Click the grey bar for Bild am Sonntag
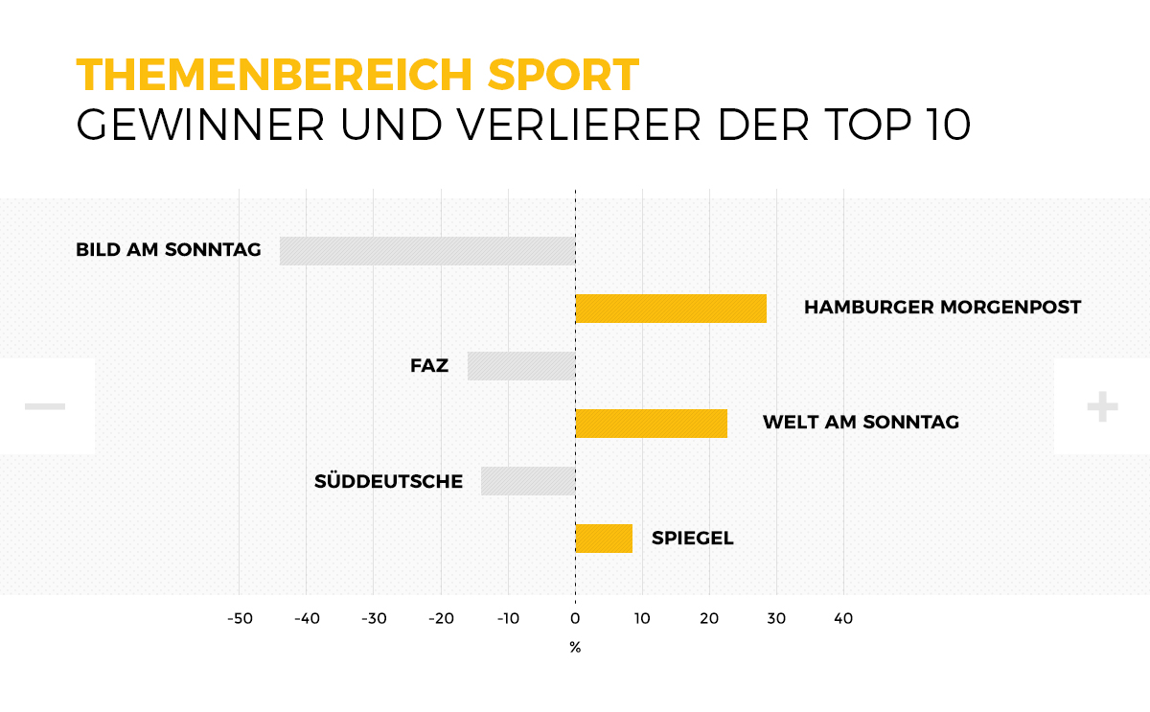pyautogui.click(x=427, y=251)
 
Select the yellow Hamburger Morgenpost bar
pyautogui.click(x=671, y=309)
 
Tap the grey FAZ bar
pyautogui.click(x=521, y=366)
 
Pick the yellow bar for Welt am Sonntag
pyautogui.click(x=651, y=424)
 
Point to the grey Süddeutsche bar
pyautogui.click(x=528, y=481)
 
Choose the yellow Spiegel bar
pyautogui.click(x=604, y=539)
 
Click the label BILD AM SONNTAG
pyautogui.click(x=169, y=250)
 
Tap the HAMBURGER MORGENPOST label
pyautogui.click(x=942, y=308)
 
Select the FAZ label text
pyautogui.click(x=429, y=365)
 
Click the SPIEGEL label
pyautogui.click(x=692, y=538)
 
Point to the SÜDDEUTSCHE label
pyautogui.click(x=388, y=480)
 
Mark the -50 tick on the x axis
pyautogui.click(x=240, y=619)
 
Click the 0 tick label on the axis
pyautogui.click(x=575, y=619)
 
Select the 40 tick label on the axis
pyautogui.click(x=843, y=619)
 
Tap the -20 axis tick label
pyautogui.click(x=441, y=619)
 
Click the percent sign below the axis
pyautogui.click(x=575, y=648)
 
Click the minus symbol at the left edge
pyautogui.click(x=45, y=407)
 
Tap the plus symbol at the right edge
pyautogui.click(x=1102, y=407)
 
